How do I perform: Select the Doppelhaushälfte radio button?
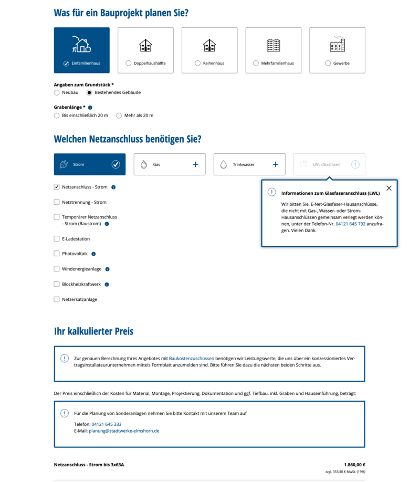pos(129,64)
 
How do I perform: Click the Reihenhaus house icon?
pos(209,46)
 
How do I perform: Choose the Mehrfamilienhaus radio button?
pos(256,64)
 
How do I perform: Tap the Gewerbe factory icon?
pos(337,45)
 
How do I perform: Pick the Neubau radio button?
pos(57,92)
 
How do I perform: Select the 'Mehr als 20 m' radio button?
pos(119,116)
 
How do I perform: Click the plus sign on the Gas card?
pos(196,164)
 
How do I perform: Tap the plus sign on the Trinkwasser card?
pos(276,164)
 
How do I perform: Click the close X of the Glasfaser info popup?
pos(388,188)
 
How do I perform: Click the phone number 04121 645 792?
pos(350,224)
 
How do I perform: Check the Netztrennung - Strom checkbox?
pos(57,202)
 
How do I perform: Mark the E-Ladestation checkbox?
pos(57,239)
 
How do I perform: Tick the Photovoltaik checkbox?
pos(57,254)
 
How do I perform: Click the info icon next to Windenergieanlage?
pos(107,269)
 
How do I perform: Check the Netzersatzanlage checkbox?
pos(57,299)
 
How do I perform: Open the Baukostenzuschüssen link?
pos(191,358)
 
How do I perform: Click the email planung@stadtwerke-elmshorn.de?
pos(124,431)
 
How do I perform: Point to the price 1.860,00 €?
pos(354,465)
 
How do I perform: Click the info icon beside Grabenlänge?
pos(90,108)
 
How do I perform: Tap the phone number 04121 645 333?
pos(107,424)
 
